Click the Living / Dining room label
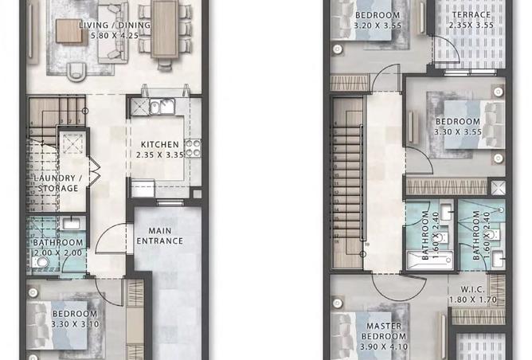click(x=115, y=25)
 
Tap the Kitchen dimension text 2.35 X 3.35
click(x=160, y=155)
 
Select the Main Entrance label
click(x=160, y=236)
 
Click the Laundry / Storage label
click(x=58, y=183)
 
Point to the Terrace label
click(x=471, y=15)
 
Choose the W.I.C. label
click(x=472, y=289)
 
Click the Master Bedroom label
click(x=384, y=331)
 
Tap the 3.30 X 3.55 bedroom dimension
click(x=458, y=131)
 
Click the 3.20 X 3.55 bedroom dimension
click(x=377, y=25)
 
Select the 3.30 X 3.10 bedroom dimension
click(x=75, y=324)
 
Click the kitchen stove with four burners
click(x=193, y=148)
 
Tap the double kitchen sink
click(x=162, y=106)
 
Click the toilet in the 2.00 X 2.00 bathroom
click(x=40, y=262)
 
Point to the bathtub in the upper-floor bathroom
click(x=430, y=260)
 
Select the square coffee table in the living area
click(x=69, y=31)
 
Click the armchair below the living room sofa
click(x=76, y=72)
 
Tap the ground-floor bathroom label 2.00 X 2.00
click(x=57, y=252)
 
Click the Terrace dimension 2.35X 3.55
click(x=471, y=25)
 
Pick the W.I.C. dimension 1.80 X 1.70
click(x=473, y=300)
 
